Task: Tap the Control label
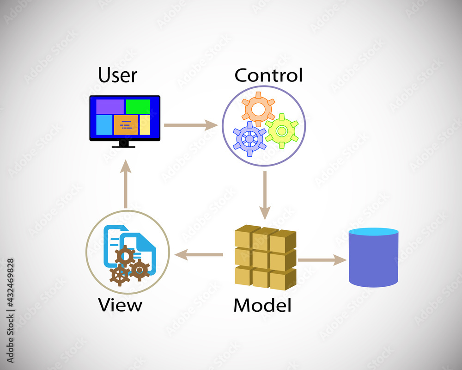tap(268, 74)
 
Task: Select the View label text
tap(120, 305)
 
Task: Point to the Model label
tap(262, 305)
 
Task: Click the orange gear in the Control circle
tap(258, 108)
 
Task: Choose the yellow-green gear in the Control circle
tap(281, 131)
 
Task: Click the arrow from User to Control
tap(191, 125)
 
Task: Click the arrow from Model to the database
tap(322, 260)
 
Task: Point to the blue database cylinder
tap(373, 261)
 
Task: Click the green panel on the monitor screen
tap(138, 106)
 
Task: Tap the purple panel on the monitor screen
tap(110, 106)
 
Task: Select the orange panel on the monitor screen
tap(126, 125)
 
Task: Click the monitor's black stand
tap(124, 144)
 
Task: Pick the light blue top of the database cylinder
tap(373, 232)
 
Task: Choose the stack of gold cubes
tap(265, 257)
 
